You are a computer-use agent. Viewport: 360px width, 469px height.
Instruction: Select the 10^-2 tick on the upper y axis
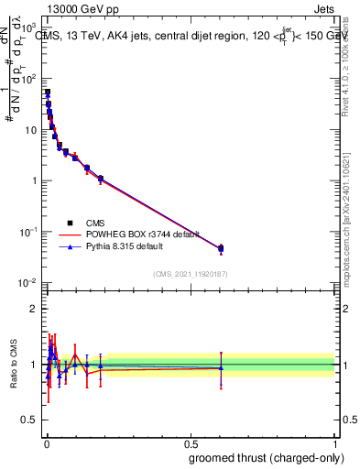(27, 282)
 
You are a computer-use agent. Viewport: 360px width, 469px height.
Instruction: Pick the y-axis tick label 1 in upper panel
(35, 180)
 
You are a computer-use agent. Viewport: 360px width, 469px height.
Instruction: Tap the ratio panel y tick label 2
(35, 309)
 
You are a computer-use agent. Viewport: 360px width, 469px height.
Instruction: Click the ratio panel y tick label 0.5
(29, 420)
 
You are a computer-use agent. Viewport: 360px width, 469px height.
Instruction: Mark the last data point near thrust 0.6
(221, 248)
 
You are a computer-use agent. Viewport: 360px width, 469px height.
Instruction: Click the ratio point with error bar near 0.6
(221, 368)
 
